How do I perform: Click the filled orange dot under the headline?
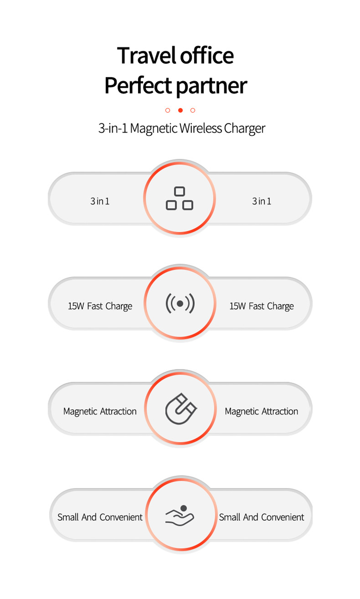pos(180,110)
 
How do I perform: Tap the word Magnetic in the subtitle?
pos(154,128)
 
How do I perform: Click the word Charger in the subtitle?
pos(244,129)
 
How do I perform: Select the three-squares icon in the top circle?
pos(180,198)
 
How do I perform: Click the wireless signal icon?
pos(180,303)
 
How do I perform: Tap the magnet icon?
pos(180,409)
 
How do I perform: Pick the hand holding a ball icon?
pos(180,515)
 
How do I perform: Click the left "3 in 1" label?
pos(100,201)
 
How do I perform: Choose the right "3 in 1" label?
pos(261,201)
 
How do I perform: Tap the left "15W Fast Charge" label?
pos(100,306)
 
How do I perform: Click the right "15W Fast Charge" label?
pos(261,306)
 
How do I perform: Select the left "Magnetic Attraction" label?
pos(100,411)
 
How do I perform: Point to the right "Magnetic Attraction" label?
pos(261,411)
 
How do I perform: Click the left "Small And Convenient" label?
pos(100,517)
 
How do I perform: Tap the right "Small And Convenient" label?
pos(261,517)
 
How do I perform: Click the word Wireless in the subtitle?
pos(201,128)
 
